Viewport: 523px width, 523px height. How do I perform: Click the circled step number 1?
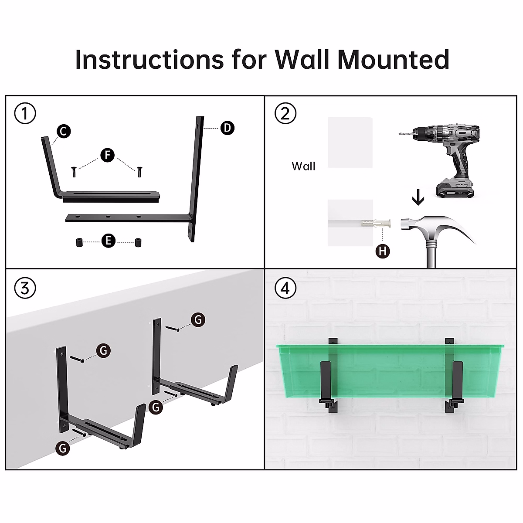(x=25, y=114)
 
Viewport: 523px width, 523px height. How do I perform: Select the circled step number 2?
(x=285, y=114)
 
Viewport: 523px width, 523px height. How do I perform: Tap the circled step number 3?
(x=25, y=288)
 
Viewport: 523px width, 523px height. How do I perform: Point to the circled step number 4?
(x=285, y=288)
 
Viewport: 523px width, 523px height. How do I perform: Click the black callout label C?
(x=64, y=131)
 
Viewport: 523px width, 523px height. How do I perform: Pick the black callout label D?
(x=227, y=128)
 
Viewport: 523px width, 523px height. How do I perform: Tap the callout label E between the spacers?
(x=108, y=241)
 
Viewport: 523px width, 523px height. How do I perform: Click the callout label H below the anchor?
(x=382, y=251)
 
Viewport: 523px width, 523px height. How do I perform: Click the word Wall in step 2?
(x=303, y=166)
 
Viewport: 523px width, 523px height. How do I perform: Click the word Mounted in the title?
(x=393, y=60)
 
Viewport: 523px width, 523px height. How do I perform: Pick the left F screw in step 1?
(x=74, y=172)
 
